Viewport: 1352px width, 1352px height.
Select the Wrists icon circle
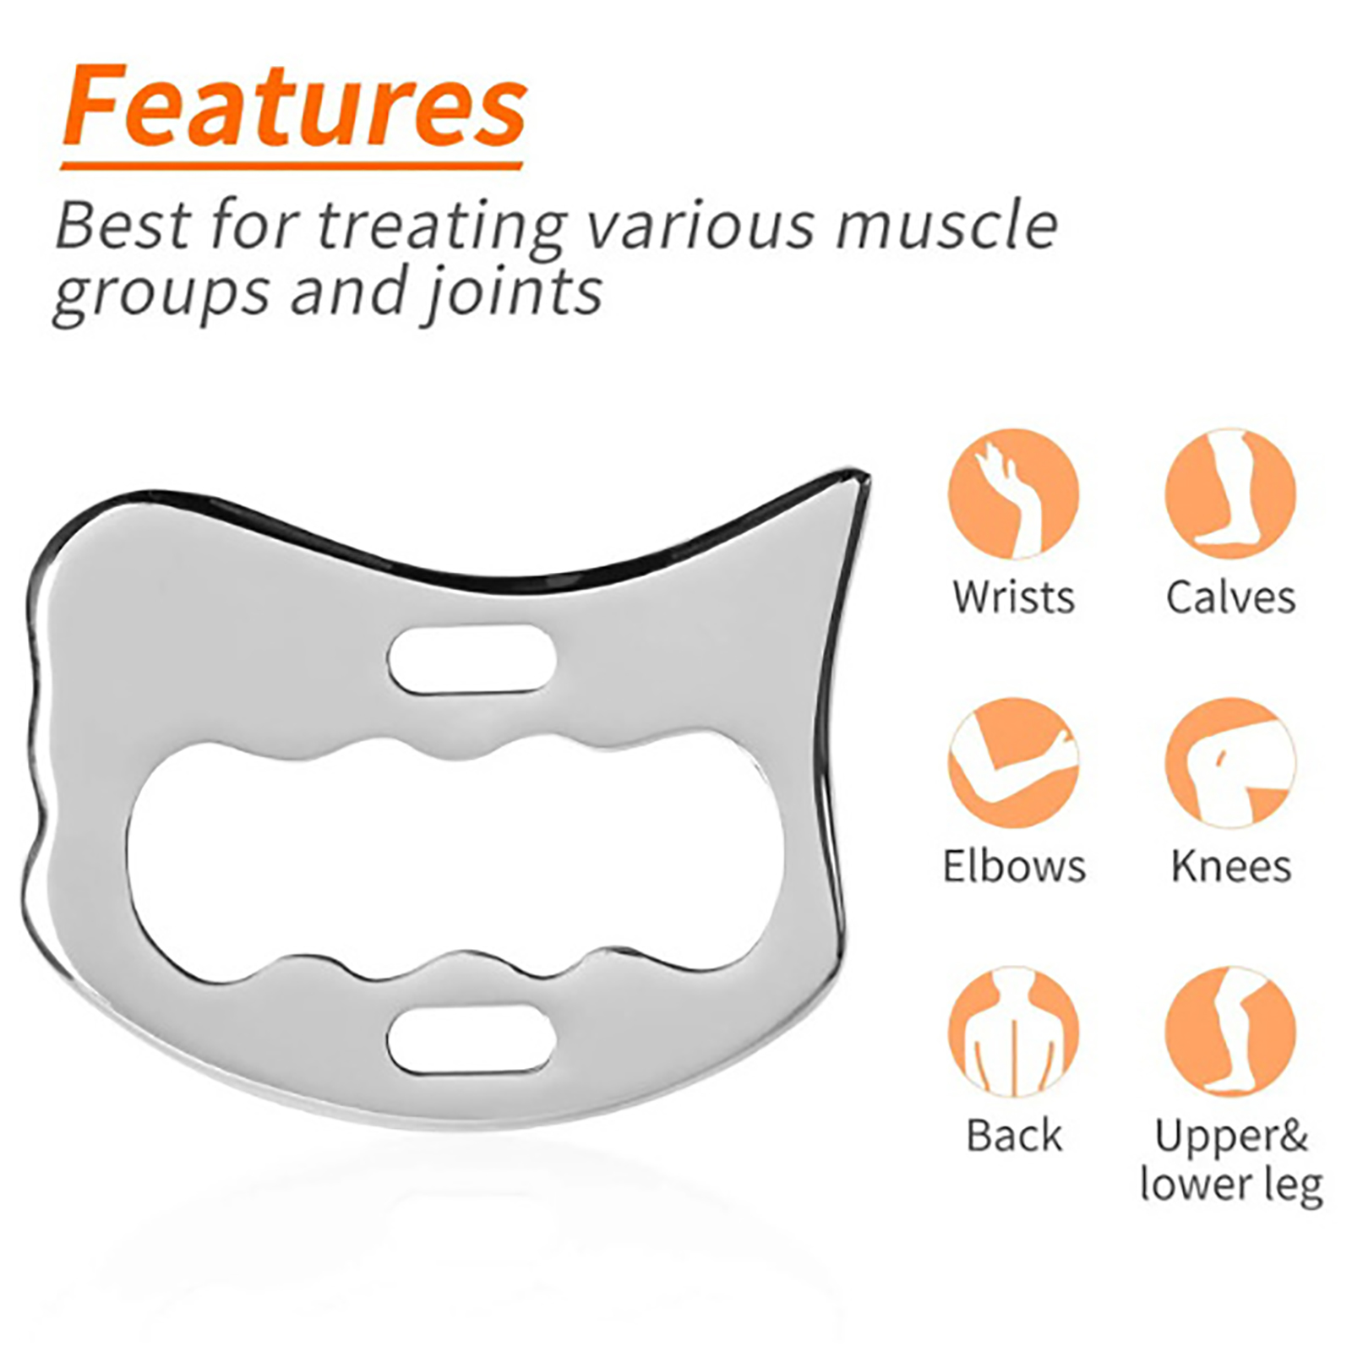click(x=1013, y=494)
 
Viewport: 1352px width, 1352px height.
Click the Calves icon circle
click(x=1230, y=494)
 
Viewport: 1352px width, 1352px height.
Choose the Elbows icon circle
click(x=1013, y=763)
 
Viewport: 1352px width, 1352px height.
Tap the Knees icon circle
click(x=1230, y=763)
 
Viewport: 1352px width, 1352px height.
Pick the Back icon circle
click(x=1013, y=1032)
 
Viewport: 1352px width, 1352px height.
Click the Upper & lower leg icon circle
click(x=1230, y=1032)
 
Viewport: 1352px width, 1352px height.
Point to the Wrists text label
click(x=1013, y=597)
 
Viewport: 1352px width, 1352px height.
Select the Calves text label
click(x=1230, y=597)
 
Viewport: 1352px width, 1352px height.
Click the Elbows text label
click(x=1014, y=866)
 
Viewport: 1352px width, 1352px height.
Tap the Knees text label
click(x=1231, y=866)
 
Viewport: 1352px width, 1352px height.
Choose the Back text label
click(x=1014, y=1135)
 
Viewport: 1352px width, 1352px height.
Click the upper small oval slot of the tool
click(x=472, y=660)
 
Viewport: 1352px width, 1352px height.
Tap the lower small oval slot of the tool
click(x=472, y=1039)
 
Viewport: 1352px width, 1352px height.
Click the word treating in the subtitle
click(x=442, y=226)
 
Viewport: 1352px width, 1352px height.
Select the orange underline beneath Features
click(x=292, y=165)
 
